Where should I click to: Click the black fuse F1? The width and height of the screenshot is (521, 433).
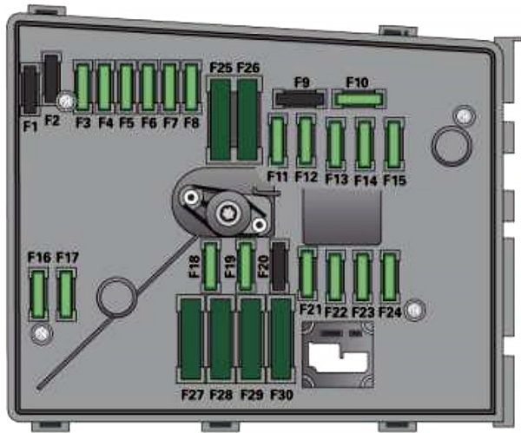(x=30, y=89)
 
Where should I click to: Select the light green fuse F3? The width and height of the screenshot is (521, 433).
(x=82, y=88)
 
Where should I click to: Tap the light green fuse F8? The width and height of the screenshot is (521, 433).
(x=191, y=88)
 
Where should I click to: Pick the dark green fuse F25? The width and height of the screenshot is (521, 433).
(x=221, y=120)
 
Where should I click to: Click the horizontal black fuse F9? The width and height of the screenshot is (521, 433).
(x=300, y=99)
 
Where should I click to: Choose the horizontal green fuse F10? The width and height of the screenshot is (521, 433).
(x=359, y=99)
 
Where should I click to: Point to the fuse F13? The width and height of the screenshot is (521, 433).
(x=335, y=145)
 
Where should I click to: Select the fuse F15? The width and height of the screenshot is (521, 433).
(x=394, y=145)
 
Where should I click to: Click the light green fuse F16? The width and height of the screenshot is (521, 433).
(x=38, y=294)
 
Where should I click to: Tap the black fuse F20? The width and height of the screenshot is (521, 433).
(x=279, y=266)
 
